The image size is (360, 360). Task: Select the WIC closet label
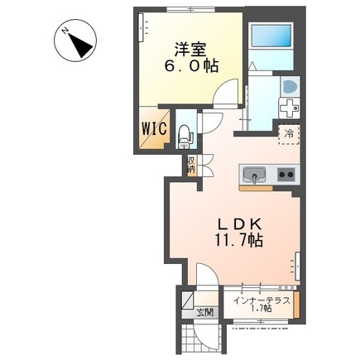(155, 128)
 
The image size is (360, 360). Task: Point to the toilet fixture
(186, 132)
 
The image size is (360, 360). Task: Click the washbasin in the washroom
(289, 87)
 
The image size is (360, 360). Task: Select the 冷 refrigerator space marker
(289, 133)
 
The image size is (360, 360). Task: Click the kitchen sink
(254, 175)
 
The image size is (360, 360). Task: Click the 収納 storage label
(191, 165)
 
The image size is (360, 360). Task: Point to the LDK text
(240, 223)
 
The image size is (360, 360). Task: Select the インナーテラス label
(261, 301)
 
